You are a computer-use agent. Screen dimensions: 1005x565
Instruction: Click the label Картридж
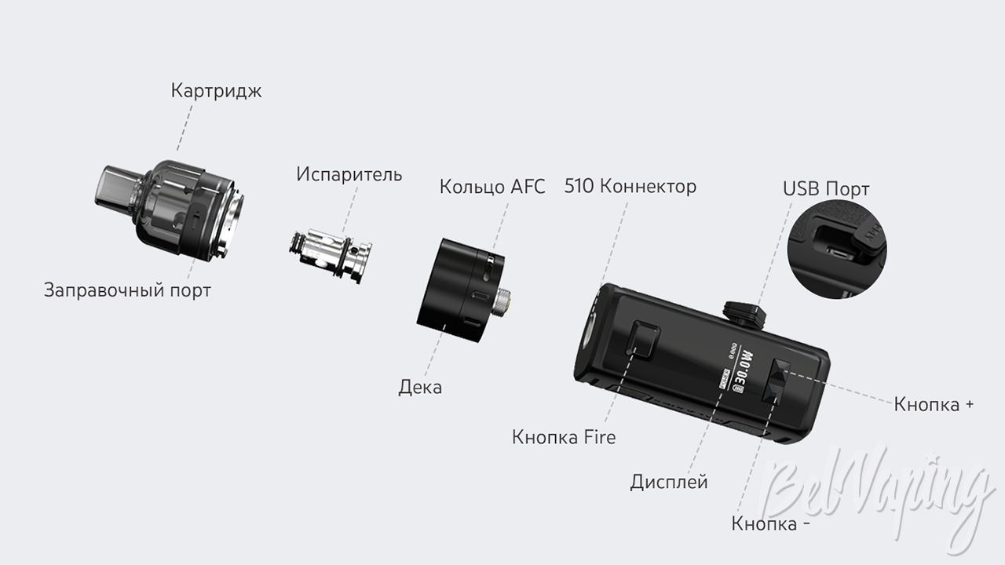pos(216,91)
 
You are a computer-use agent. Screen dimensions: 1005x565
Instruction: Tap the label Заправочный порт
pos(127,290)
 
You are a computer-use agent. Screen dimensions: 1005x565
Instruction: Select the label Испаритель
pos(349,174)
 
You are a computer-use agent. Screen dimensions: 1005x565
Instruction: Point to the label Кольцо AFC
pos(492,187)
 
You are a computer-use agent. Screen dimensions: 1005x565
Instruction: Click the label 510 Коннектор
pos(630,186)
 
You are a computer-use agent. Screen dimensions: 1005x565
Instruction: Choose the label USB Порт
pos(826,189)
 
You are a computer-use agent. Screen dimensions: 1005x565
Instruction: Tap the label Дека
pos(420,387)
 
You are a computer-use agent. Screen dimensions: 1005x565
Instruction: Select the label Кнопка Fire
pos(564,437)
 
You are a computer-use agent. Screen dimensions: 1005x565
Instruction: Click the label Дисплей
pos(668,482)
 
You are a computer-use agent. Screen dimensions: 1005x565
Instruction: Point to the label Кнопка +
pos(934,404)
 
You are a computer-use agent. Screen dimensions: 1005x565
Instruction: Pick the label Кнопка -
pos(770,523)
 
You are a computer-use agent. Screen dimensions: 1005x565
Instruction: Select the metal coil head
pos(331,256)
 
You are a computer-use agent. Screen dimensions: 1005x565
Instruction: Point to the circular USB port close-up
pos(837,250)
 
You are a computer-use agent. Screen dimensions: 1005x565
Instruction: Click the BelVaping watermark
pos(877,491)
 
